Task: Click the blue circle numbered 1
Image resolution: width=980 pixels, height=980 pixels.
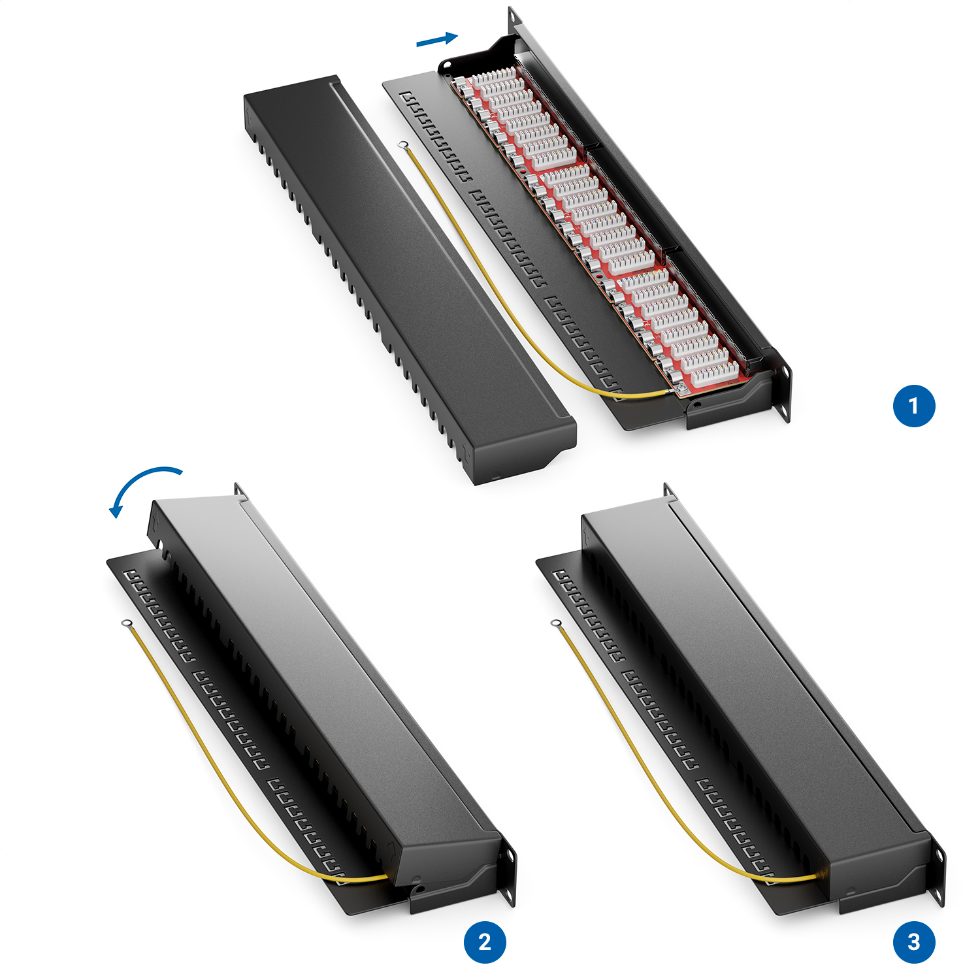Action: (x=914, y=406)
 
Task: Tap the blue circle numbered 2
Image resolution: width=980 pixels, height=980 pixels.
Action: (x=485, y=941)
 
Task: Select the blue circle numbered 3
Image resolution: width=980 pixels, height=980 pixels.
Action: (x=914, y=941)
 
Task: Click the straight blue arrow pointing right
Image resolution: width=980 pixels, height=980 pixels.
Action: (x=437, y=40)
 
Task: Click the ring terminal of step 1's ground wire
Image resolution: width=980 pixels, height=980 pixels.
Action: (x=403, y=145)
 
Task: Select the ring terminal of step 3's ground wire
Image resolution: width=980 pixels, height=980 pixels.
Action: (x=556, y=624)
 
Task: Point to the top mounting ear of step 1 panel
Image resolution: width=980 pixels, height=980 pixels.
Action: (x=515, y=20)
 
